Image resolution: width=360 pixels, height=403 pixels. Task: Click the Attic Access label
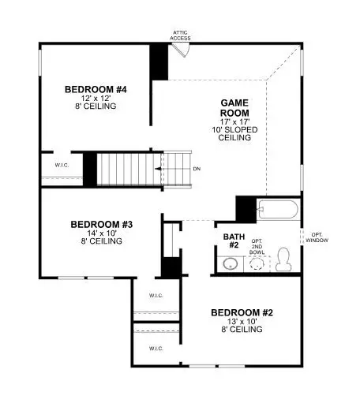(x=180, y=34)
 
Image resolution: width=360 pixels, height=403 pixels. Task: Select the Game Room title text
(x=234, y=107)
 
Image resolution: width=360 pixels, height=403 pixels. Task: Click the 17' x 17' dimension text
(x=234, y=121)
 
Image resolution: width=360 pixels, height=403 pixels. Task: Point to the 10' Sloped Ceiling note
(x=234, y=134)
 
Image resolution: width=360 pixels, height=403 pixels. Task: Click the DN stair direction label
(x=197, y=168)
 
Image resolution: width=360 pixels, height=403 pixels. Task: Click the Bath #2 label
(x=231, y=241)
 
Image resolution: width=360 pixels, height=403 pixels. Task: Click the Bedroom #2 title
(x=242, y=313)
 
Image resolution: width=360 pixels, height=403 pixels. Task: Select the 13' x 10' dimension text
(x=242, y=323)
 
